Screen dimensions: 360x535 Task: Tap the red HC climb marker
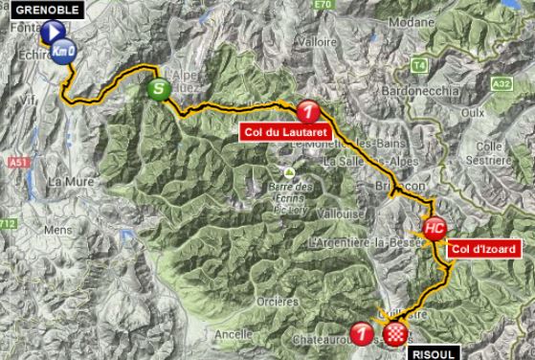tap(434, 228)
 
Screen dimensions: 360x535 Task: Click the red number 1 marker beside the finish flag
tap(362, 333)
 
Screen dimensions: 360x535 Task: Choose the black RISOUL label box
tap(435, 352)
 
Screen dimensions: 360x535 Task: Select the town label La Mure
tap(70, 180)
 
